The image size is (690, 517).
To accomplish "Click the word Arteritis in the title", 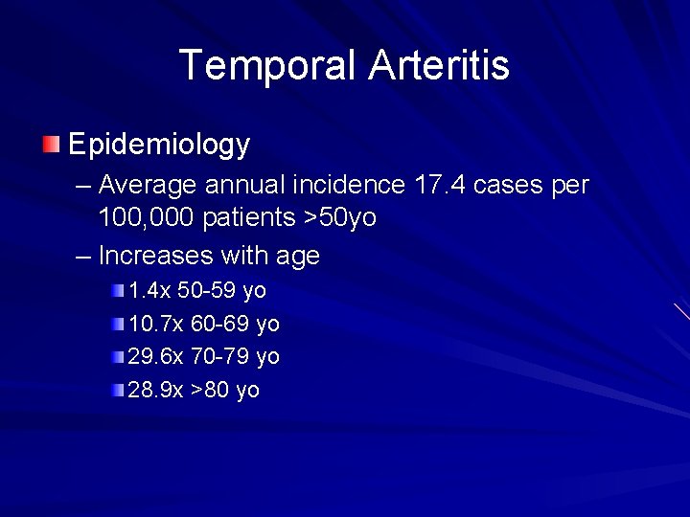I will click(x=438, y=65).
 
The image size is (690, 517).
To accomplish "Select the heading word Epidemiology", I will click(x=159, y=146).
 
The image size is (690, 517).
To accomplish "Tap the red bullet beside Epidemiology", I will click(x=51, y=146).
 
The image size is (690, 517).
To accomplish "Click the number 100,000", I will click(x=146, y=218).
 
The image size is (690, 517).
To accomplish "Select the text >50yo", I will click(x=340, y=218).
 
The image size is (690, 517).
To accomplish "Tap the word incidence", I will click(x=343, y=183).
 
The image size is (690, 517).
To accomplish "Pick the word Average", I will click(x=149, y=183).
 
